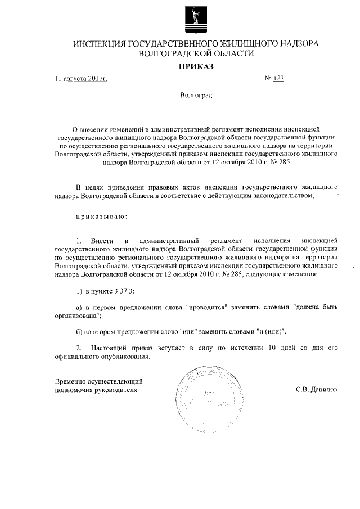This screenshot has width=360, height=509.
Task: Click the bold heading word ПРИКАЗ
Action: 196,67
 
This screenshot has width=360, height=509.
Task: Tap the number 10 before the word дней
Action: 273,348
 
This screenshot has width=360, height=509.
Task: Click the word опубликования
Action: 124,357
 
